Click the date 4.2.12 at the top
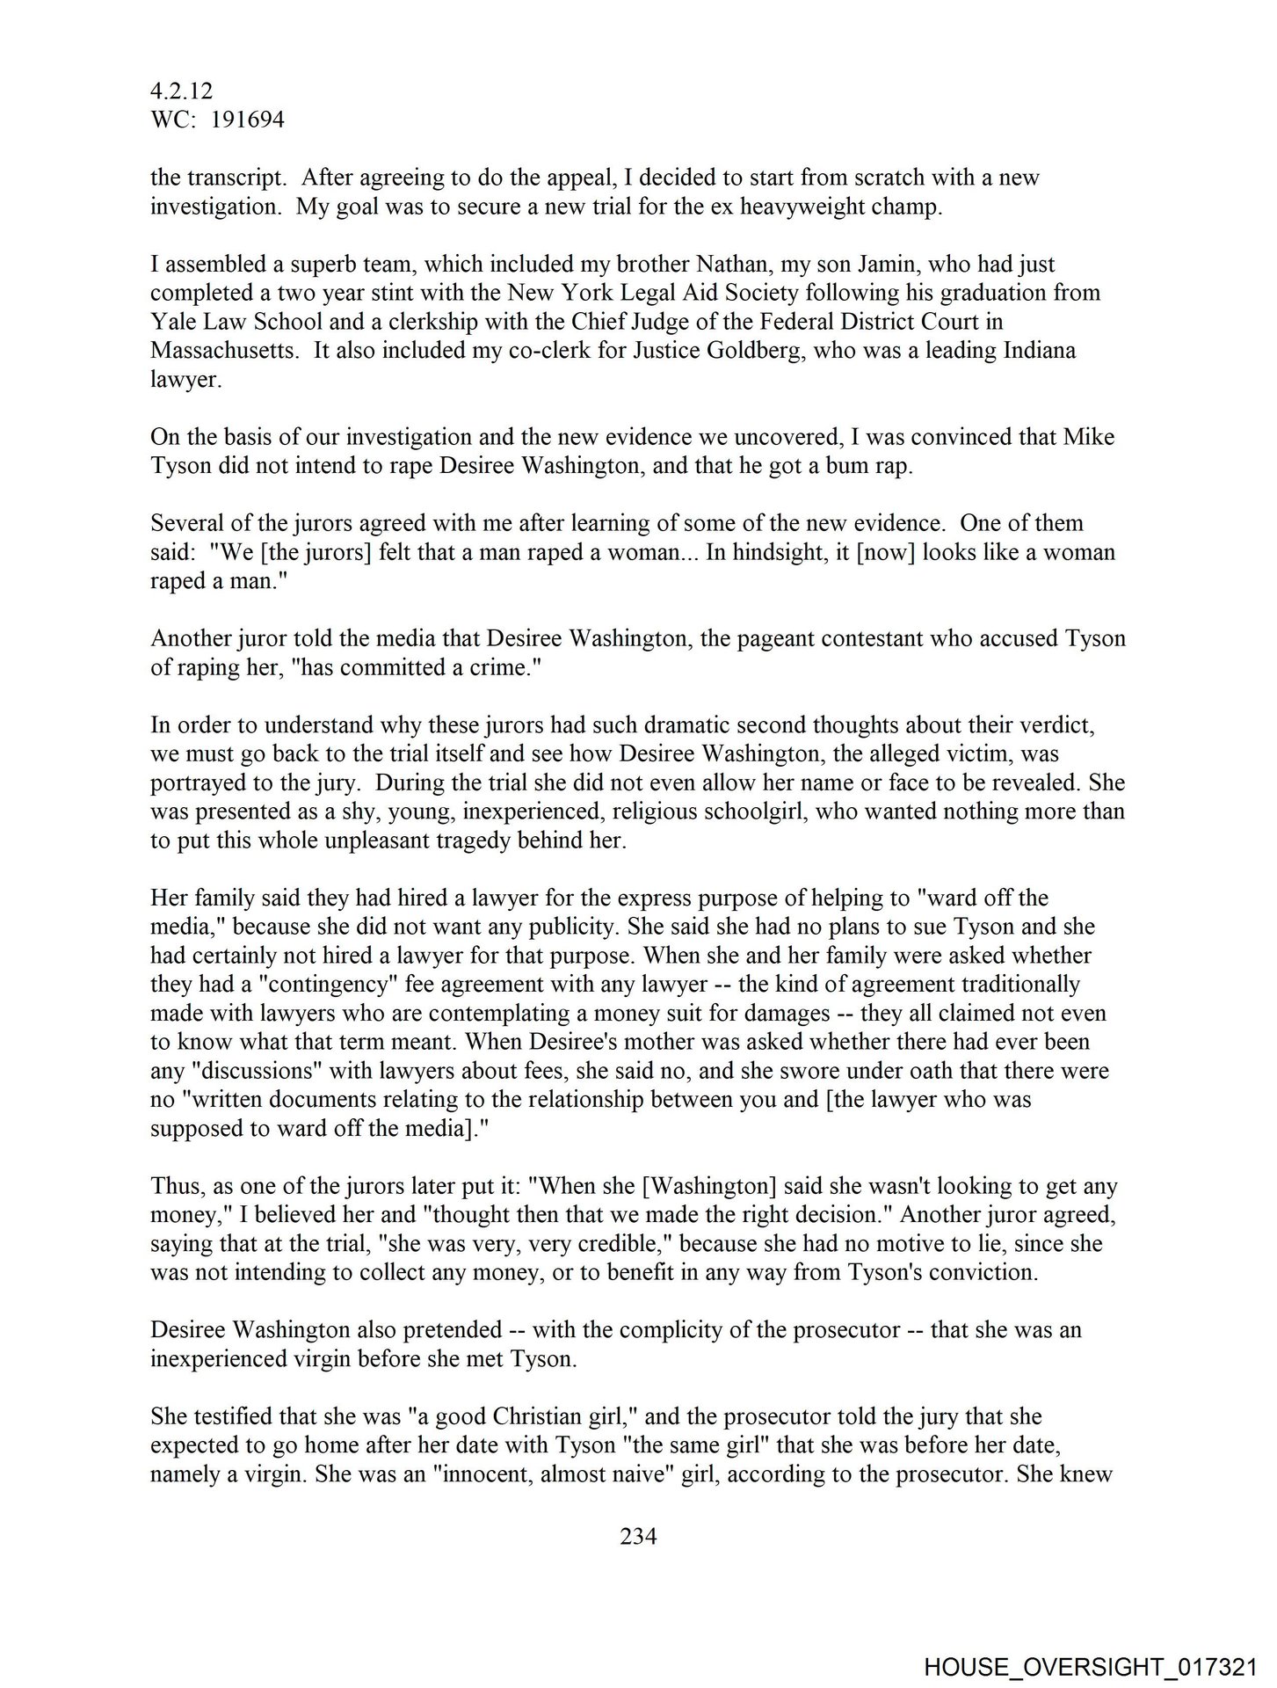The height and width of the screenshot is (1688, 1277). pos(181,91)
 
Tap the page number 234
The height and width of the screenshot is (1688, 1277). pos(638,1536)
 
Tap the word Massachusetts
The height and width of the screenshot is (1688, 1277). pos(218,351)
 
